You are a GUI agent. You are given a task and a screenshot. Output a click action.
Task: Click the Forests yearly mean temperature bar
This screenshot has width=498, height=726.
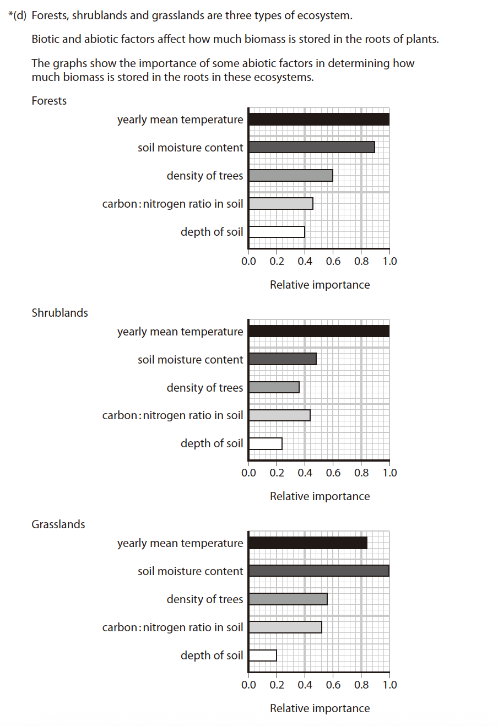coord(318,120)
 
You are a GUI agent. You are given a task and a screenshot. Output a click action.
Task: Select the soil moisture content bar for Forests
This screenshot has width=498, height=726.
coord(311,148)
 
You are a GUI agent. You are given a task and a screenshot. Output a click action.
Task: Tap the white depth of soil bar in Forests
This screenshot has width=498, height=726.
coord(277,232)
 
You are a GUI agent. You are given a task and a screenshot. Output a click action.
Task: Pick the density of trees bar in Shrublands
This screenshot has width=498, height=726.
coord(274,387)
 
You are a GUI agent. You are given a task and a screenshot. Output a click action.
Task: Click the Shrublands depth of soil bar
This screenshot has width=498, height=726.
coord(265,443)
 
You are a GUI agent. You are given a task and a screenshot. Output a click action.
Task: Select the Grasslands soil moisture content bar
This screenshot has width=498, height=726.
coord(318,571)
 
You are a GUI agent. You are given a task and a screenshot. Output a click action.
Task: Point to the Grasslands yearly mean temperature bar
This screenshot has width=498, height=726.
coord(307,543)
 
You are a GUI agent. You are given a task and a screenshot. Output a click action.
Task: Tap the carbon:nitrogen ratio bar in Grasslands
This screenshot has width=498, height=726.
coord(285,627)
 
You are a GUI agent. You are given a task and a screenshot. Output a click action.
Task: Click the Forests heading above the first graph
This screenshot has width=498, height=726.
coord(49,101)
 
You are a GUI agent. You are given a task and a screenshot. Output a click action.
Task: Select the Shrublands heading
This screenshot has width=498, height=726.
coord(59,313)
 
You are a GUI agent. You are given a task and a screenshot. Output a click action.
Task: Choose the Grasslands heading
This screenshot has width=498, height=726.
coord(58,524)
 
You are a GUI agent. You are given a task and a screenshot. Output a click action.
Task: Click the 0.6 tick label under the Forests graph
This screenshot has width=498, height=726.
coord(333,261)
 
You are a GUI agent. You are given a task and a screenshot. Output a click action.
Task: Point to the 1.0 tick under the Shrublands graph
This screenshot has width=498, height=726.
coord(389,473)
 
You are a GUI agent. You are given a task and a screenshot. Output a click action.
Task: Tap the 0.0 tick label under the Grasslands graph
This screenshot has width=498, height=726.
coord(248,685)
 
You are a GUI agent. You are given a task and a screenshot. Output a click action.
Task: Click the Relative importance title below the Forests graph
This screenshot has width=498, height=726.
coord(320,285)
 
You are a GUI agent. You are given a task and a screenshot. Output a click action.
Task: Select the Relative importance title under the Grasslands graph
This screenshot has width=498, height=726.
coord(320,708)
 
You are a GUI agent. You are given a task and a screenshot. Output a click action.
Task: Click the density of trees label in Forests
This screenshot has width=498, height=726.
coord(204,176)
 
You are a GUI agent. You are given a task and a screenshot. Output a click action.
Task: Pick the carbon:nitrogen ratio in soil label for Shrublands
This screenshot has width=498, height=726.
coord(172,415)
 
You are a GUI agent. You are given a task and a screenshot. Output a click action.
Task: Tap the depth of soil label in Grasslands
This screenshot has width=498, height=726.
coord(212,655)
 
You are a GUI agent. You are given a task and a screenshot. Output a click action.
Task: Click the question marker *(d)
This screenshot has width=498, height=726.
coord(18,15)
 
